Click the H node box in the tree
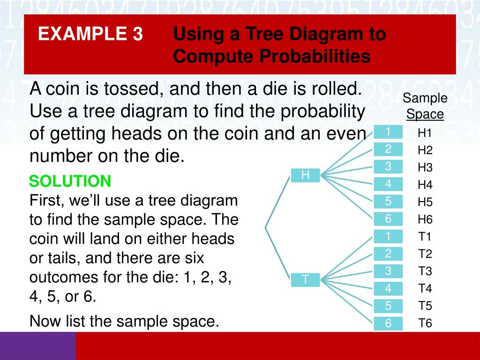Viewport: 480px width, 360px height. coord(305,175)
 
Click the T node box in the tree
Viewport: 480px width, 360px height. coord(305,280)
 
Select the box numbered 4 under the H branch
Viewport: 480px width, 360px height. coord(388,184)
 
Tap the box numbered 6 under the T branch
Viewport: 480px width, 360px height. coord(388,323)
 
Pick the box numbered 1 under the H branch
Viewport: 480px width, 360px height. coord(388,132)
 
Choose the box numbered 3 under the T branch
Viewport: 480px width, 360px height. coord(388,271)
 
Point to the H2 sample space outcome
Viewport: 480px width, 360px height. coord(425,150)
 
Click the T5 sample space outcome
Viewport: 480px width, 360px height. coord(425,306)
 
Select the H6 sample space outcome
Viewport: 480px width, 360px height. coord(425,219)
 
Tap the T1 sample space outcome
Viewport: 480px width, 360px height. coord(425,237)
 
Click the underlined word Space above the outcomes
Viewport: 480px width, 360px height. coord(425,114)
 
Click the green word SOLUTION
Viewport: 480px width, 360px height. coord(70,181)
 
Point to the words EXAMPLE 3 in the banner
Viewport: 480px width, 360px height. coord(90,34)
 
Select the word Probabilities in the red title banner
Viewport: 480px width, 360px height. coord(272,56)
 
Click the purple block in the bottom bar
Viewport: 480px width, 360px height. coord(38,346)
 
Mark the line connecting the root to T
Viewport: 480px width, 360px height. coord(277,254)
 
